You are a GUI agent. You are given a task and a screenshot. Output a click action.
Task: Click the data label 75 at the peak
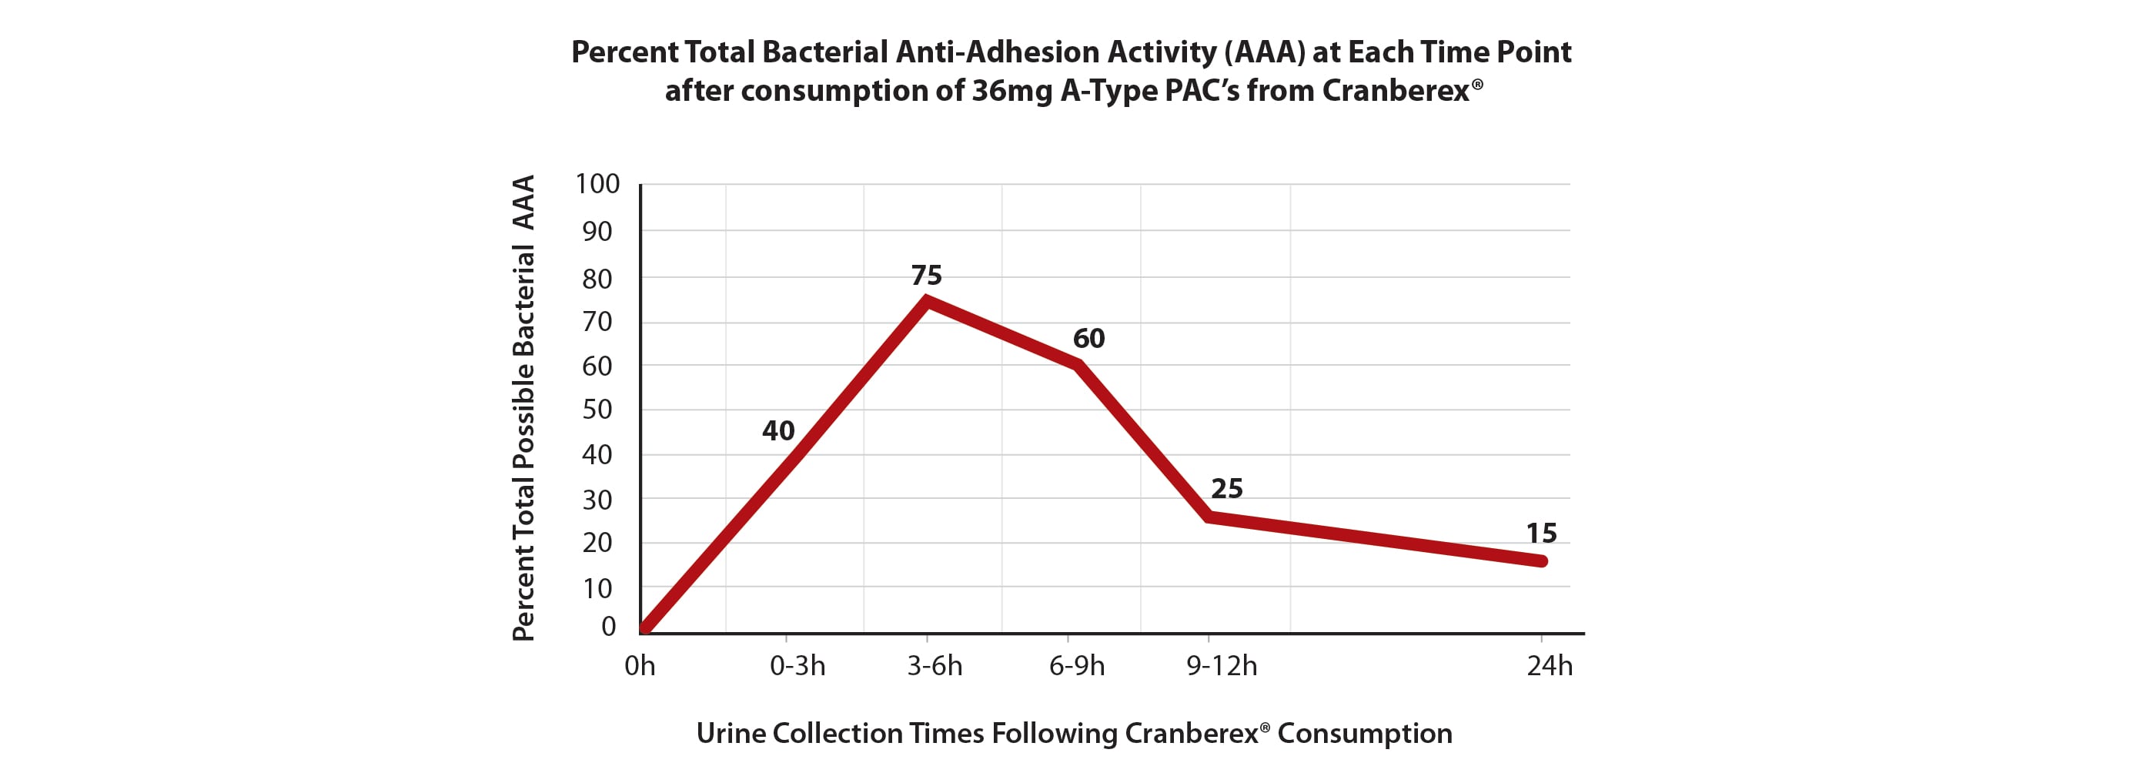click(927, 275)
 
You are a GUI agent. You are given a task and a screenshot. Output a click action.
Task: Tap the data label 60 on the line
click(1088, 338)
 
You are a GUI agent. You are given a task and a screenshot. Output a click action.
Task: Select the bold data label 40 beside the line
click(778, 430)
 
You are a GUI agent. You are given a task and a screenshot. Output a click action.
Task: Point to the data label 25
click(1226, 488)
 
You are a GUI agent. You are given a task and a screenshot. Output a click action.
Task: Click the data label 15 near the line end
click(1541, 533)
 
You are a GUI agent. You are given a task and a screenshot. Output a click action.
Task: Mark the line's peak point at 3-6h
click(927, 300)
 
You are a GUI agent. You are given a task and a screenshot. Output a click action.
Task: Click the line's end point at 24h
click(1542, 561)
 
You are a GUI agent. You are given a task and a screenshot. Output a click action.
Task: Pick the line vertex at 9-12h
click(1209, 517)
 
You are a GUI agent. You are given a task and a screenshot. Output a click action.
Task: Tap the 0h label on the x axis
click(640, 666)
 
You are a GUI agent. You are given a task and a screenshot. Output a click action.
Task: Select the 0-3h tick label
click(797, 666)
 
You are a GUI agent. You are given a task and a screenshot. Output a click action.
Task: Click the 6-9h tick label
click(1077, 666)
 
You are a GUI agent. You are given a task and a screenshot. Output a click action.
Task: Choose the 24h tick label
click(1549, 666)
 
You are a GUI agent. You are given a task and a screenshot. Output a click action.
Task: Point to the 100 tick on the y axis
click(597, 184)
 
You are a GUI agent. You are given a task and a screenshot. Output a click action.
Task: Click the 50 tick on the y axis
click(597, 409)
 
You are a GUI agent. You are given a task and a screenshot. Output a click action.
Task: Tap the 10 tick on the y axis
click(597, 588)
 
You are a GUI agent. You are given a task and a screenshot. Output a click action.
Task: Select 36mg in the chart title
click(1011, 90)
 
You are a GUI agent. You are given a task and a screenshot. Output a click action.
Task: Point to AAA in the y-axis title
click(523, 202)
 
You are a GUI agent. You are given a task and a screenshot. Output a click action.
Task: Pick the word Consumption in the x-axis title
click(1365, 733)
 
